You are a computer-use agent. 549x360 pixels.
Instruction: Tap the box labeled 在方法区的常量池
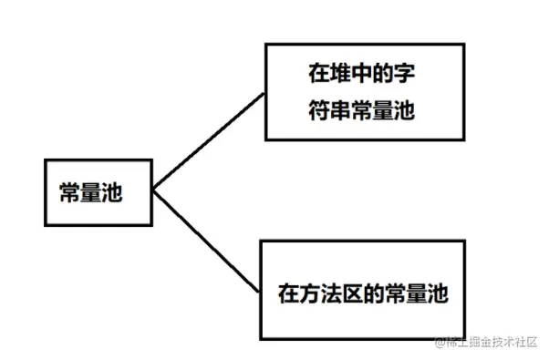coord(362,290)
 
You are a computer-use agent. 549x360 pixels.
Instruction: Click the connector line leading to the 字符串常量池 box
coord(209,142)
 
